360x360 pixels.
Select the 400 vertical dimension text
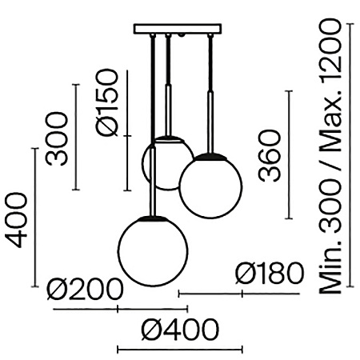(17, 218)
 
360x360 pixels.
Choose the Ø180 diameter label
(269, 275)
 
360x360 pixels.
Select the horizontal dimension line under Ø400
(179, 349)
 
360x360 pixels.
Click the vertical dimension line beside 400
(36, 218)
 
